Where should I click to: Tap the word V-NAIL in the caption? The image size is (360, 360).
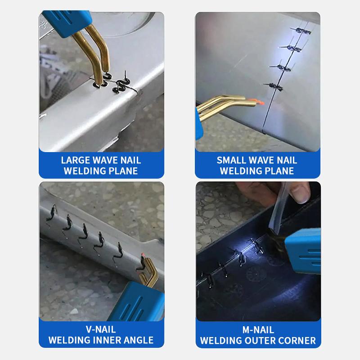(x=102, y=330)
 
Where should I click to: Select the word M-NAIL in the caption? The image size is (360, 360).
(x=258, y=330)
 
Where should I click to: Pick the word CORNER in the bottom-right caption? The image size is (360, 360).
(x=299, y=340)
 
